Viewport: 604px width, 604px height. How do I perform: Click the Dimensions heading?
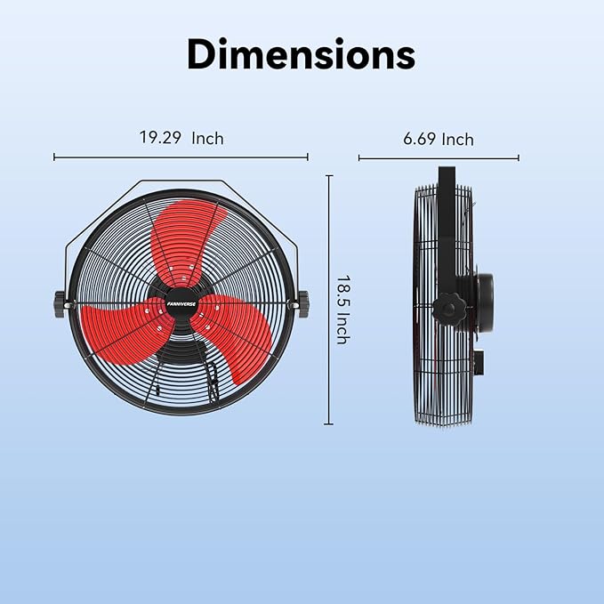[x=301, y=55]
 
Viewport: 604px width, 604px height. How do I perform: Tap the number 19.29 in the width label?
[x=158, y=138]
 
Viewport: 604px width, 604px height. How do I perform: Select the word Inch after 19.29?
[x=206, y=138]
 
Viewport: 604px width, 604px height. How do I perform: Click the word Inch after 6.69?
[x=458, y=139]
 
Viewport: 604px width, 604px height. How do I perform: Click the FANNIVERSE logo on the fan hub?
[x=181, y=301]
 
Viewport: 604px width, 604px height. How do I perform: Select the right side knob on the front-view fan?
[x=302, y=302]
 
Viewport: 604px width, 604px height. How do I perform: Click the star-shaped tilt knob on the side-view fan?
[x=448, y=310]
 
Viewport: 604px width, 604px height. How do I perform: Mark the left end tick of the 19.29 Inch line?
[x=54, y=157]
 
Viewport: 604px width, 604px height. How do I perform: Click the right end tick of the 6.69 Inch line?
[x=519, y=158]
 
